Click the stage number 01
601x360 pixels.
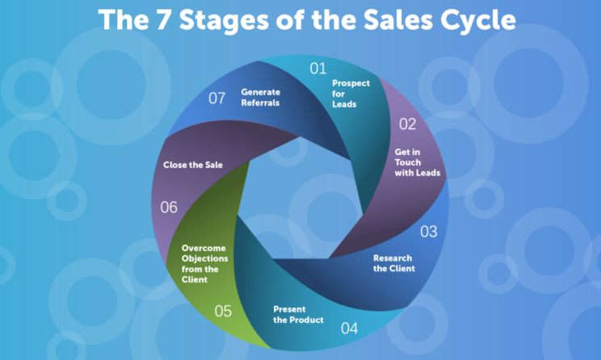click(x=318, y=69)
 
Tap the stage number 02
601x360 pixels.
click(x=407, y=124)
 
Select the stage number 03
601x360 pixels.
click(x=428, y=232)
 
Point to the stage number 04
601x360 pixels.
click(x=349, y=329)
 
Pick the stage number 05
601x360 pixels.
click(x=223, y=311)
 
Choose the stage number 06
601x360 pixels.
click(x=169, y=207)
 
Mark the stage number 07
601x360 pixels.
click(x=217, y=98)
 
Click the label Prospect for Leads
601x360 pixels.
click(x=351, y=94)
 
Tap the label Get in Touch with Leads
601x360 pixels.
click(x=418, y=162)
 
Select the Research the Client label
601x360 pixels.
click(x=394, y=263)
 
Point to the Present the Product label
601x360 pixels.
click(x=298, y=315)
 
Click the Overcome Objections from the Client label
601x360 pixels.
click(x=204, y=264)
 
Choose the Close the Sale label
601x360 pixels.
click(x=193, y=165)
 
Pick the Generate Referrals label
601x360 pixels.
click(x=261, y=98)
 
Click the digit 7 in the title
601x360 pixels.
click(x=163, y=19)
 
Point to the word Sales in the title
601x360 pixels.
click(x=398, y=19)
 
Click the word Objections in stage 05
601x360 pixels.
click(x=204, y=259)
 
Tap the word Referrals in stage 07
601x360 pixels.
click(x=260, y=103)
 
